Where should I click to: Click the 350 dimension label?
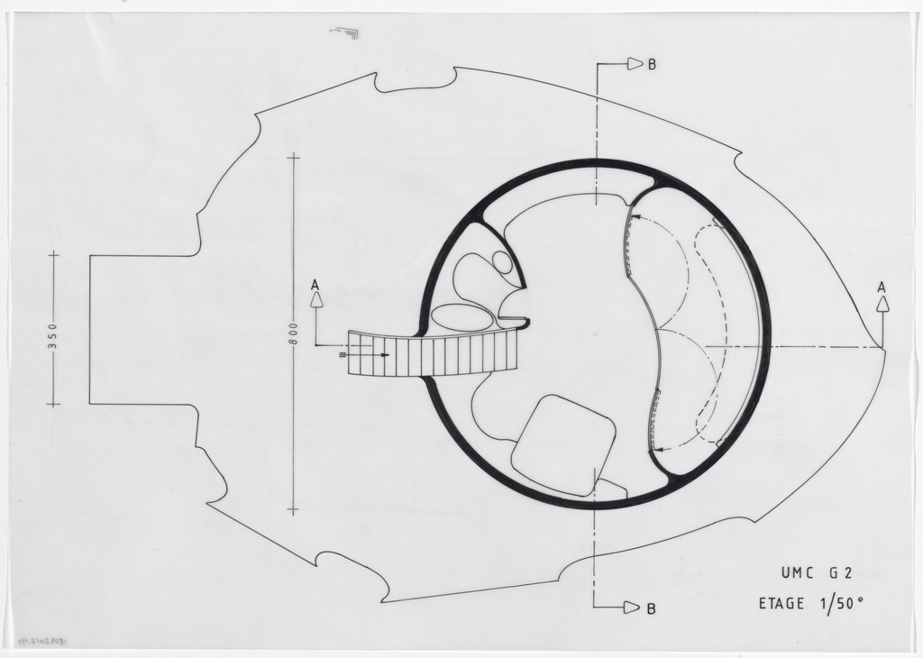coord(52,330)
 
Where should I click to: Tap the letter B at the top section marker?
coord(651,64)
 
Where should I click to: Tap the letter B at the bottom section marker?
coord(651,608)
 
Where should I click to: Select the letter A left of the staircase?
coord(315,285)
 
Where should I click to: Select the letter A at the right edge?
coord(882,287)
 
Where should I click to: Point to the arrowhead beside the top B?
coord(635,64)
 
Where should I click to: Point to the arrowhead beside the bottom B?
coord(634,608)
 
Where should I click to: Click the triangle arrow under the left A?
coord(316,301)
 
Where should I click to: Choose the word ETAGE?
coord(781,603)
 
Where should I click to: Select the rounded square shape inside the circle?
coord(563,444)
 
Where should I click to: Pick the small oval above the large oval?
coord(501,261)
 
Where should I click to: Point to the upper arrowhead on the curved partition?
coord(633,217)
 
